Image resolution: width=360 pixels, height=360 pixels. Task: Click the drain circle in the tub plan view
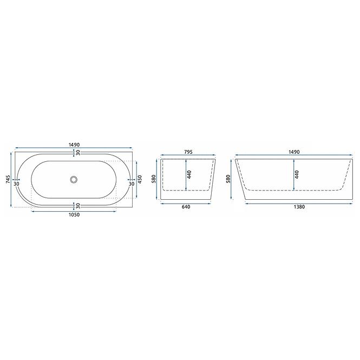[x=74, y=180]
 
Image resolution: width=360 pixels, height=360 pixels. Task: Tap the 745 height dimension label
[x=8, y=179]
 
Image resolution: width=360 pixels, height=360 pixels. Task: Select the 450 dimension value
[x=140, y=179]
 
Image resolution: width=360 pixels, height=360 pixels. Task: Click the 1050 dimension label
[x=74, y=215]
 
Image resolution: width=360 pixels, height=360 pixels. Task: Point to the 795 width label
[x=188, y=152]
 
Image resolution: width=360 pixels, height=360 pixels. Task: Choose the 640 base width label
[x=186, y=207]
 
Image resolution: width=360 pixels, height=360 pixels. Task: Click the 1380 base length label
[x=299, y=207]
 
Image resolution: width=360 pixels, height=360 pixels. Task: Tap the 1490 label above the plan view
[x=74, y=145]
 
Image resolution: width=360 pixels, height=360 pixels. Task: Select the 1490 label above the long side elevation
[x=294, y=152]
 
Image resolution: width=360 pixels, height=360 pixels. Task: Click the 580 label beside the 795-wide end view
[x=154, y=179]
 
